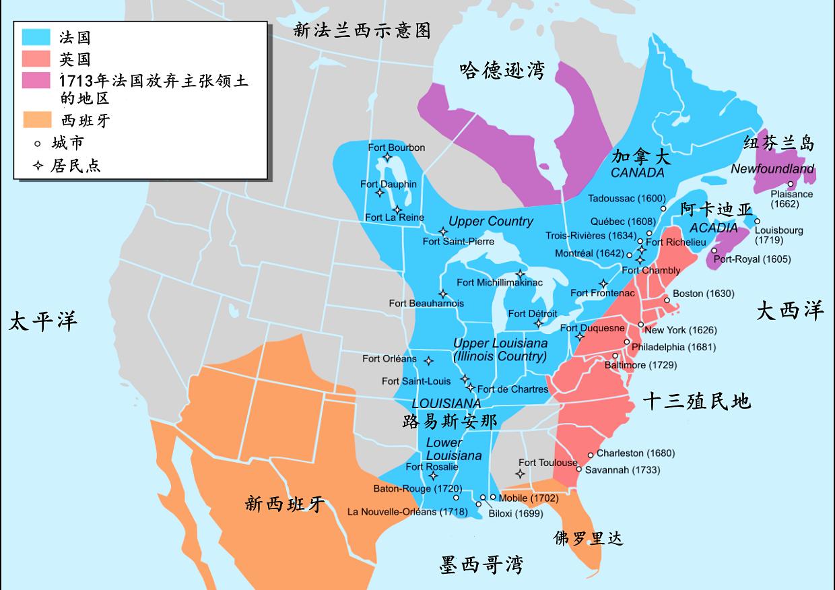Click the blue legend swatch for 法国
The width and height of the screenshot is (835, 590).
coord(36,38)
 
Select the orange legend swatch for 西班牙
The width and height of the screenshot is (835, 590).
coord(36,121)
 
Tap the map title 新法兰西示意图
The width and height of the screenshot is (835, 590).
coord(362,30)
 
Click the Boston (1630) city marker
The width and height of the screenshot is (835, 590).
coord(667,300)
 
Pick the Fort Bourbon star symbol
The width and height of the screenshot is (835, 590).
coord(387,158)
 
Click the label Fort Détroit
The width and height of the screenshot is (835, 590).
coord(532,314)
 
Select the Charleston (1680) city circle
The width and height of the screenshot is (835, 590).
coord(591,455)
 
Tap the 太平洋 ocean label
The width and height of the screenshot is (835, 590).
coord(43,321)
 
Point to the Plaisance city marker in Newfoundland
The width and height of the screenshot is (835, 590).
coord(791,184)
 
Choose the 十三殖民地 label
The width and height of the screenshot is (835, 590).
coord(696,402)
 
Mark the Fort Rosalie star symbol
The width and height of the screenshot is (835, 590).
coord(434,476)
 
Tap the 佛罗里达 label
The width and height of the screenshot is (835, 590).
coord(589,537)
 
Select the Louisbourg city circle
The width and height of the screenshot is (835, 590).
coord(757,221)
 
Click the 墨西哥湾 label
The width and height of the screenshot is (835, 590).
coord(481,564)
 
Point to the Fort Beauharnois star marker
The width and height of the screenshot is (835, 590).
coord(443,294)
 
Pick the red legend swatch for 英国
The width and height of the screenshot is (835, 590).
coord(36,59)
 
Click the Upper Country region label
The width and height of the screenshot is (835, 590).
coord(490,221)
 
